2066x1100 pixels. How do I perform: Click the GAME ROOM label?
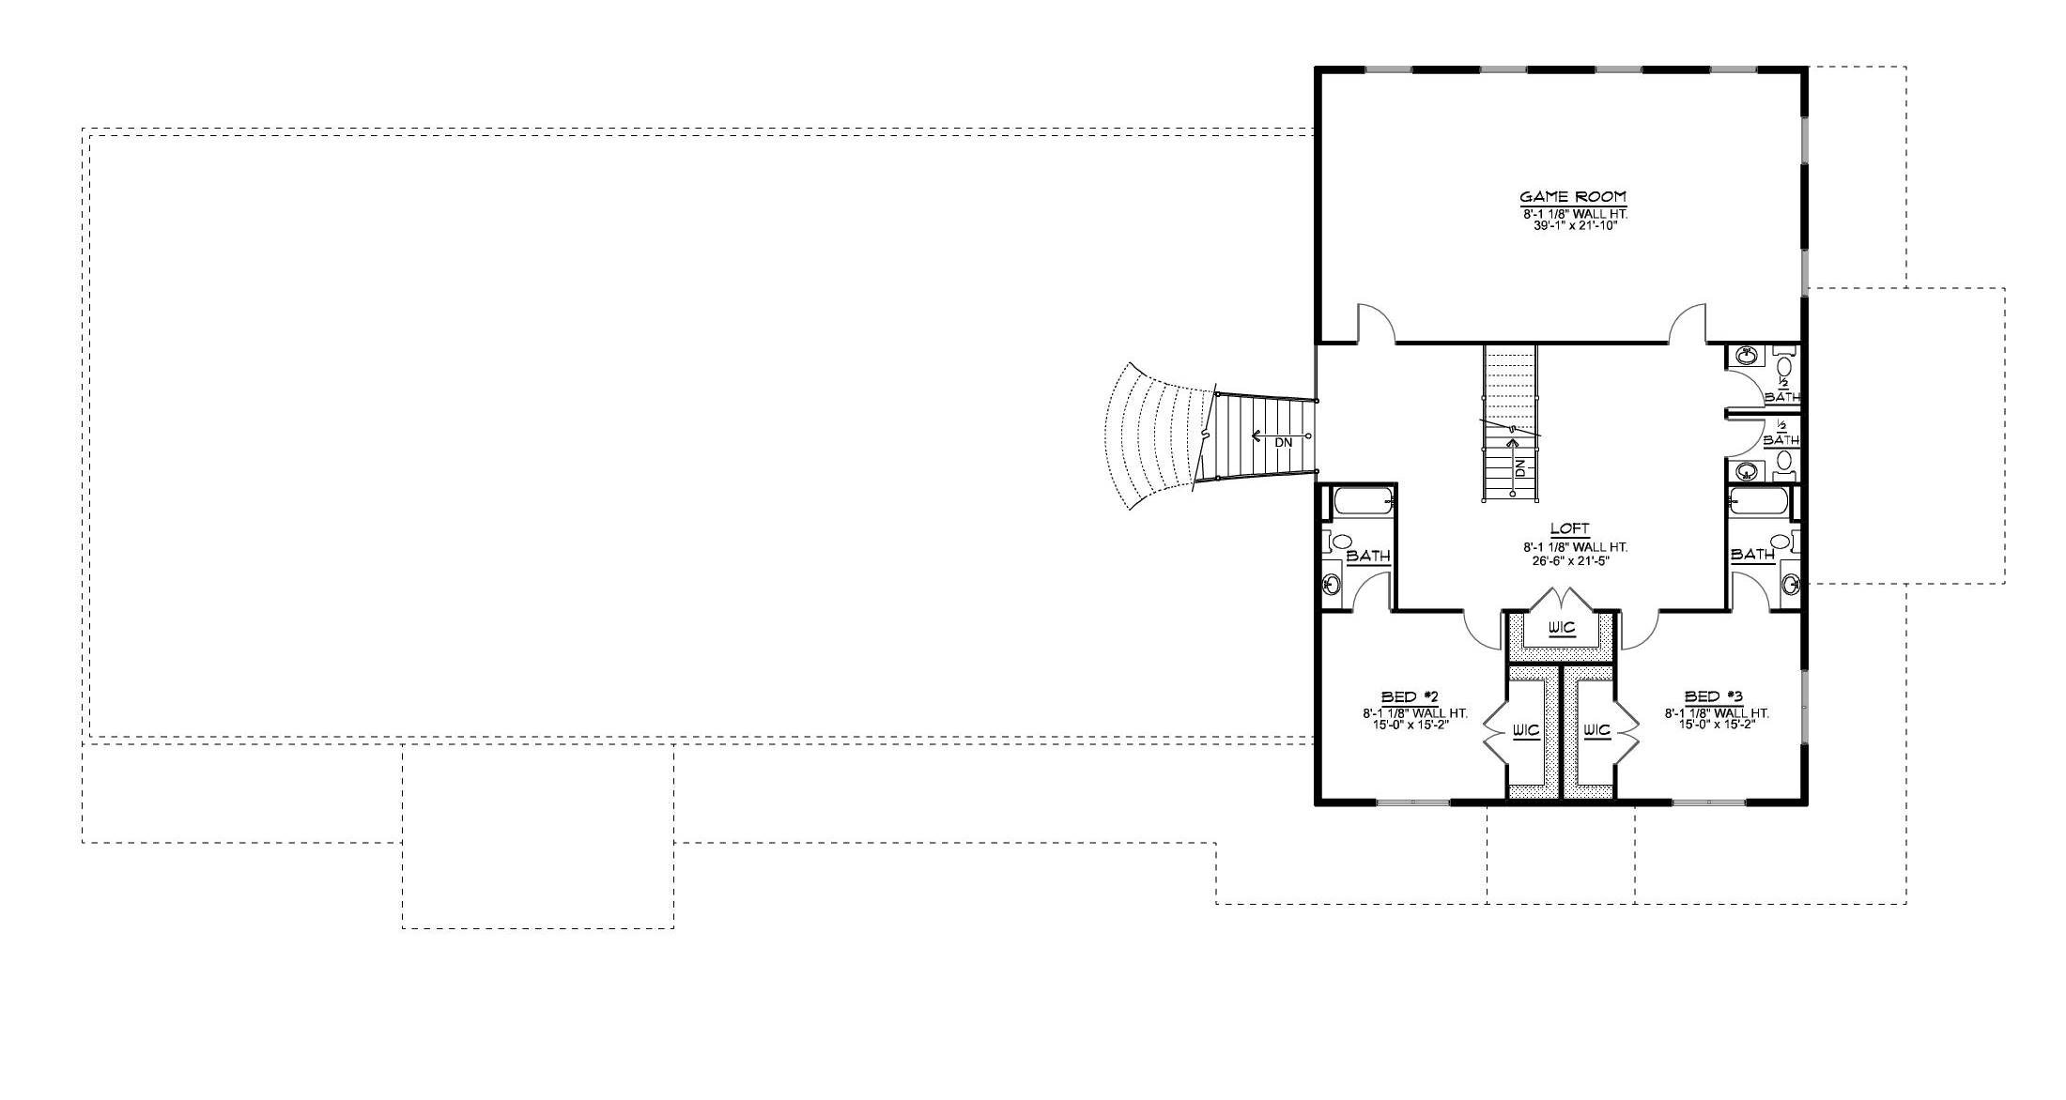(1573, 197)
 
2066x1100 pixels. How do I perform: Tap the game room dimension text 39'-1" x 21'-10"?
(1573, 226)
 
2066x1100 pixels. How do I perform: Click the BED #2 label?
(1411, 696)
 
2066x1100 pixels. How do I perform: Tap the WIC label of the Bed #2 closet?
(1526, 730)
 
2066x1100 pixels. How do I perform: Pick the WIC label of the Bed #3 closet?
(1596, 730)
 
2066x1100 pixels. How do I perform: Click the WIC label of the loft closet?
(1562, 627)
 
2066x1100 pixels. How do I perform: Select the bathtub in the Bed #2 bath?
(1361, 501)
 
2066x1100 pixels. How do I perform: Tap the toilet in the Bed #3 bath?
(1780, 542)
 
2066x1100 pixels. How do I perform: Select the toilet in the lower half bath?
(1785, 461)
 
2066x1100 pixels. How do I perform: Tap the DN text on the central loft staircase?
(1520, 467)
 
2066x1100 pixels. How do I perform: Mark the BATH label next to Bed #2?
(1368, 557)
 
